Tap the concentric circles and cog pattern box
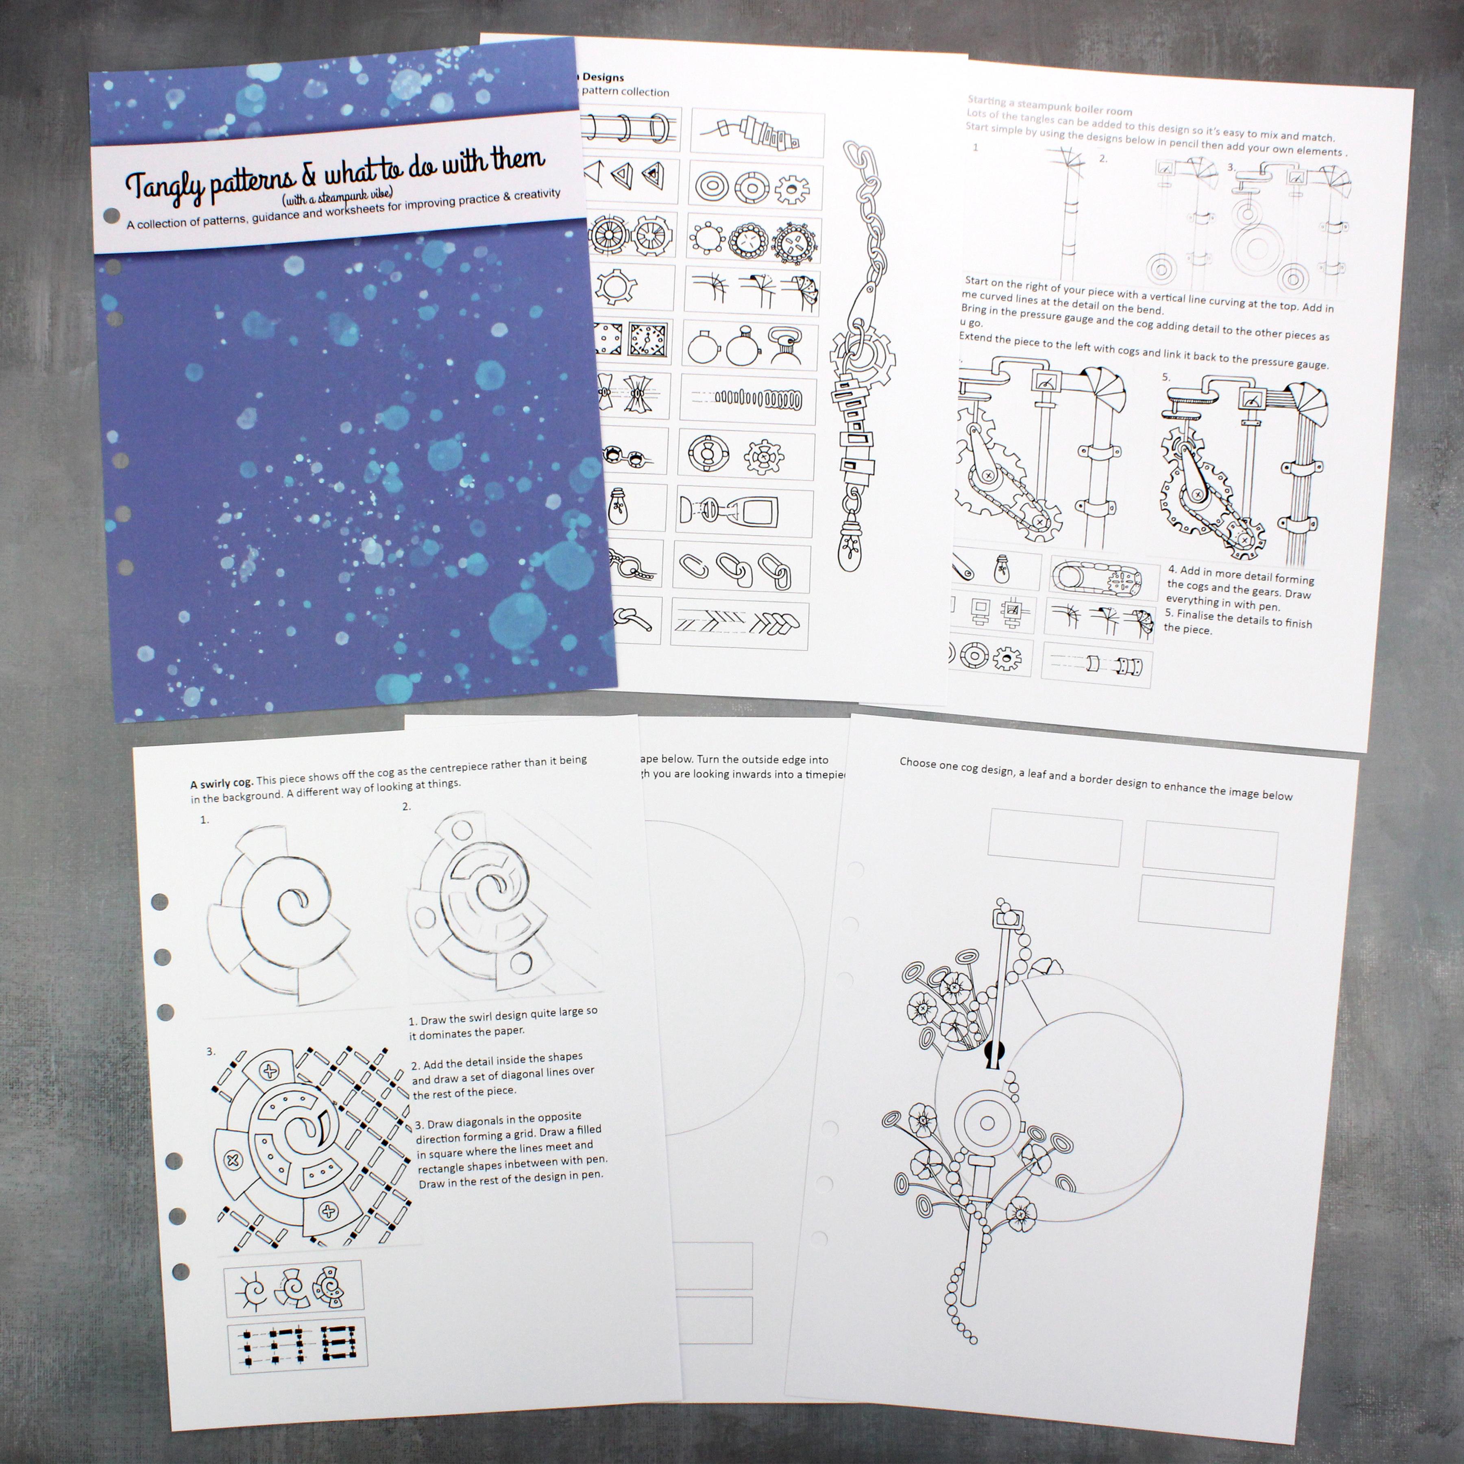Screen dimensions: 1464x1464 (756, 186)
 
